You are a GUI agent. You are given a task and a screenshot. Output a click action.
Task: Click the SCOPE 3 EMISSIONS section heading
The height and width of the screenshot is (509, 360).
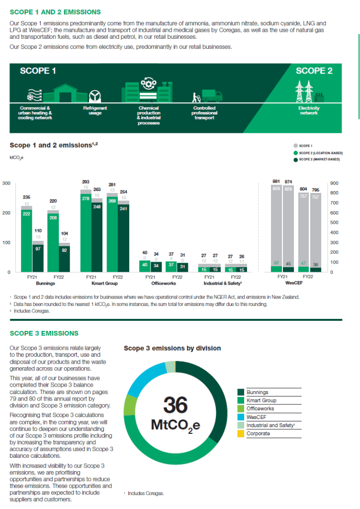point(44,333)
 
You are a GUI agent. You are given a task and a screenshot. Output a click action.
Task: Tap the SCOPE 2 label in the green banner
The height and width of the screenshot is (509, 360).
point(314,71)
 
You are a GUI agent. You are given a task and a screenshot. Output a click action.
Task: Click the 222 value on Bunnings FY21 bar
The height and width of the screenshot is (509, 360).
point(26,213)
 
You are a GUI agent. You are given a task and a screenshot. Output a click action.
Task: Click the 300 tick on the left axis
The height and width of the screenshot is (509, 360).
point(6,184)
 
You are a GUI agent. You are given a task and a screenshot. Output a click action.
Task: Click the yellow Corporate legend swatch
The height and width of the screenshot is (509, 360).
point(241,434)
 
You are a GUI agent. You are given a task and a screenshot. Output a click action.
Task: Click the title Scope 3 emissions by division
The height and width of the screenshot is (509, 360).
point(172,348)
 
